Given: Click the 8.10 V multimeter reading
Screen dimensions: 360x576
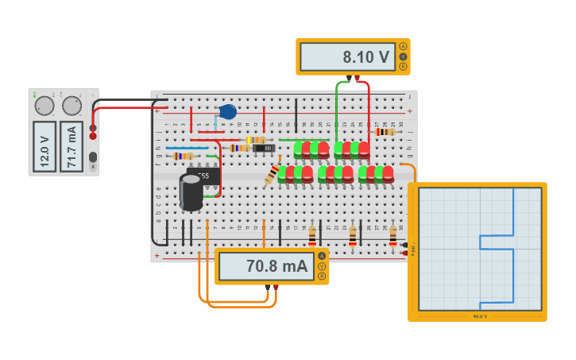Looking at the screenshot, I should (347, 57).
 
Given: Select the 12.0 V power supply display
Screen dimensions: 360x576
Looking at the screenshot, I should (44, 146).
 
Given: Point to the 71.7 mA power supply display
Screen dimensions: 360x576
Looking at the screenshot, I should (72, 146).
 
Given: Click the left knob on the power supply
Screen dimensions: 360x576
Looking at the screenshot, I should (44, 106).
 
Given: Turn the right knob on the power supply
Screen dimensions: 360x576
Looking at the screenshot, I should (72, 106).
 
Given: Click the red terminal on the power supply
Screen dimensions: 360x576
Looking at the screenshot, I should (93, 136).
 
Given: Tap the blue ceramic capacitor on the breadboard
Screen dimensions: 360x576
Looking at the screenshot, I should (228, 112).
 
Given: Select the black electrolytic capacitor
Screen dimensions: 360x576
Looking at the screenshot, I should (191, 192).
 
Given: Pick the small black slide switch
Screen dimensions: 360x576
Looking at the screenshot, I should (263, 148).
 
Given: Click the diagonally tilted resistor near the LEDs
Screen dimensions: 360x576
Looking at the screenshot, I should (273, 173).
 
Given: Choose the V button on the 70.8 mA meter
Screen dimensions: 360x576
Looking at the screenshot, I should (322, 266).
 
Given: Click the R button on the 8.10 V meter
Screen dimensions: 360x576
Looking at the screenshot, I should (403, 67).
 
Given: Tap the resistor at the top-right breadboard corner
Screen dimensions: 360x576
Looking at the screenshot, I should (385, 132).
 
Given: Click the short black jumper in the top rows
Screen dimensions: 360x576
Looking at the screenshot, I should (296, 114).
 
